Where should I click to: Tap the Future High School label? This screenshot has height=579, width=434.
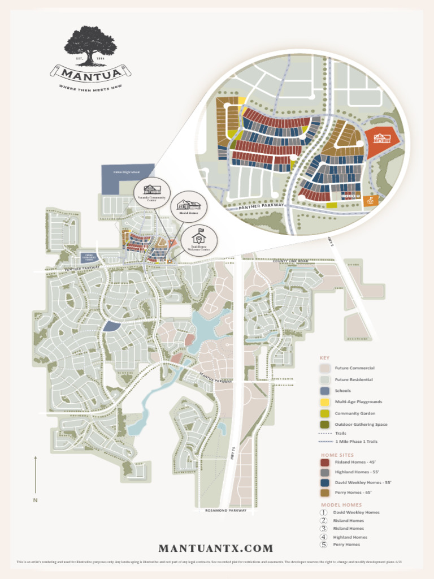[127, 171]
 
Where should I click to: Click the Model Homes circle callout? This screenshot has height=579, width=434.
[189, 208]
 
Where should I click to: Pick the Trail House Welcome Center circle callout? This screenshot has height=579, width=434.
[199, 242]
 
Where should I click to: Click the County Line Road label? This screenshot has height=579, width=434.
[290, 261]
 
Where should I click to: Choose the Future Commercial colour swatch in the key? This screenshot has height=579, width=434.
[325, 368]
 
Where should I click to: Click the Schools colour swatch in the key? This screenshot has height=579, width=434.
[325, 391]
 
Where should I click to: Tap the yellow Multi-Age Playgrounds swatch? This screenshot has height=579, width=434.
[325, 402]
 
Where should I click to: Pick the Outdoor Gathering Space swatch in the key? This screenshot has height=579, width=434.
[325, 424]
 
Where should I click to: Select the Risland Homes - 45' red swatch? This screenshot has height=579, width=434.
[325, 463]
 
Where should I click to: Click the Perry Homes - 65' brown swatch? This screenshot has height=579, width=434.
[325, 493]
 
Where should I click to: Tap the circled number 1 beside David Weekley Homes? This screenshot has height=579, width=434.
[324, 513]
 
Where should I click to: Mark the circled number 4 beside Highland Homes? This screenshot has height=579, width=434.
[324, 537]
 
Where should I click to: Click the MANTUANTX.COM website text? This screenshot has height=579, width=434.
[216, 548]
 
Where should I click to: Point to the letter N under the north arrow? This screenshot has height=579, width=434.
[35, 500]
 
